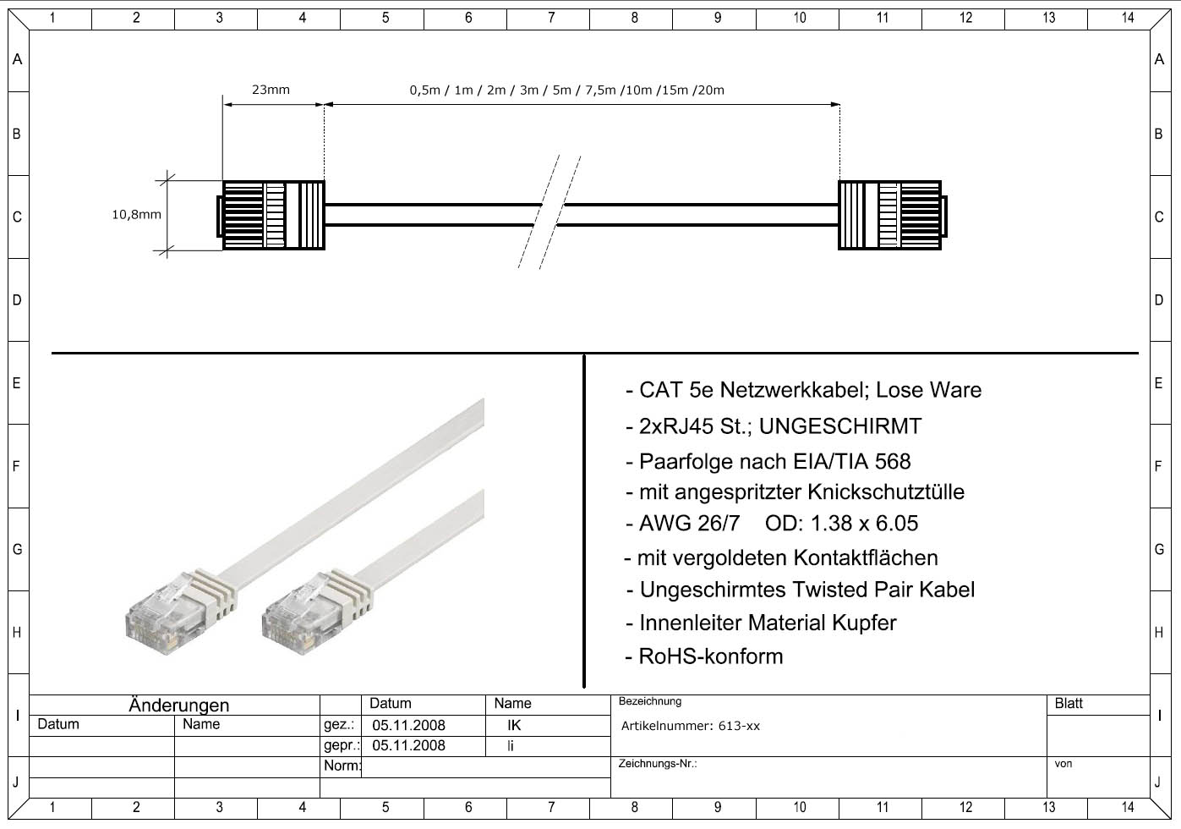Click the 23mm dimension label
[271, 90]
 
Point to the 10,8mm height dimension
[136, 215]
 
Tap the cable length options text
[566, 91]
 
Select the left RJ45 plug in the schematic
[271, 216]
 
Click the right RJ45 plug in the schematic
[893, 216]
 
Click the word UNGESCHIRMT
[839, 426]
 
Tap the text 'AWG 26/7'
[689, 524]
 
